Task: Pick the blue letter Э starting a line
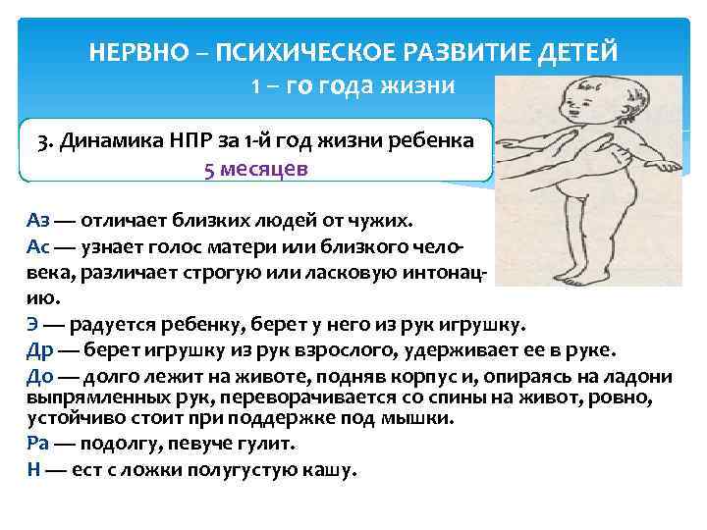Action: (x=32, y=325)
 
